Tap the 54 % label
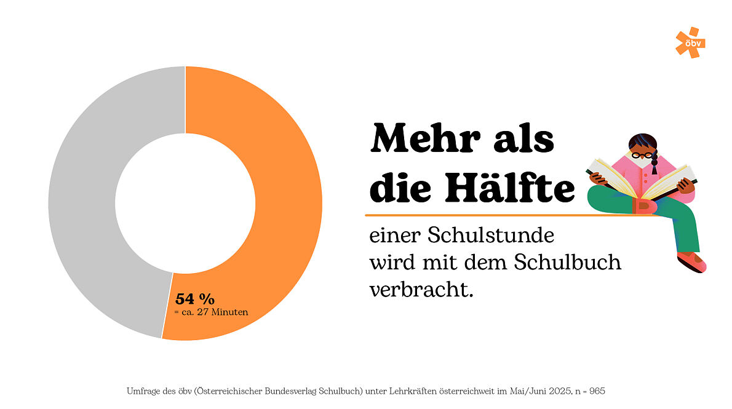195,300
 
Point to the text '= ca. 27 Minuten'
211,312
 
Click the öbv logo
690,43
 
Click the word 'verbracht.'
421,289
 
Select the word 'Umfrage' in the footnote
143,391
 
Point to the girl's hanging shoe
692,261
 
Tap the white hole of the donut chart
185,203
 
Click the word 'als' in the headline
523,140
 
